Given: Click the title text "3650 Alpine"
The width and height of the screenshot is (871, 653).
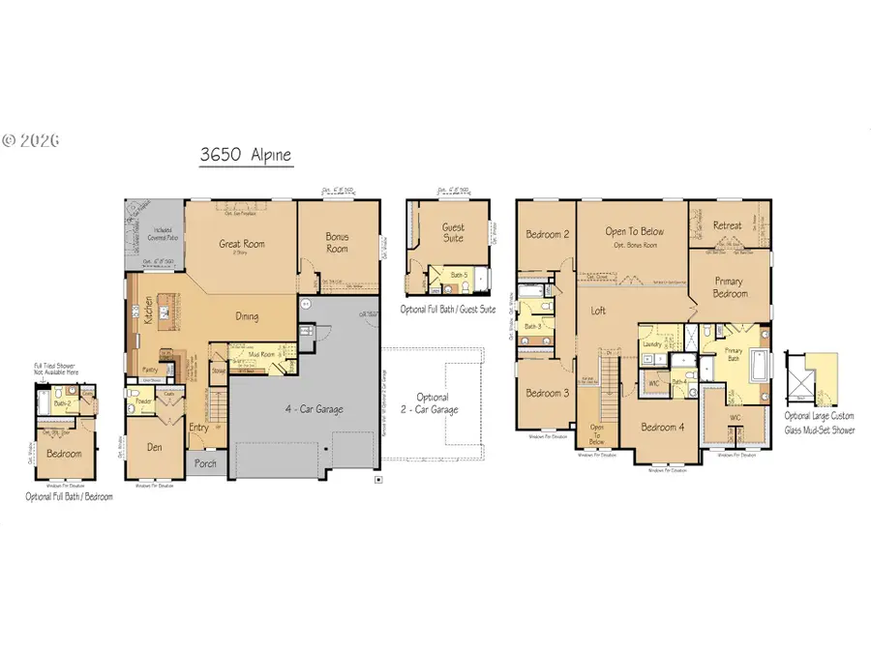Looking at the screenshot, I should click(245, 154).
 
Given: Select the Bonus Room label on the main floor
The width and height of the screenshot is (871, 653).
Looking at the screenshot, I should click(337, 243).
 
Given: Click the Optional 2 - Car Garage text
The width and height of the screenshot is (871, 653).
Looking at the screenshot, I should click(433, 403).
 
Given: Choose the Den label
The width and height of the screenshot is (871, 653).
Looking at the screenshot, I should click(148, 447).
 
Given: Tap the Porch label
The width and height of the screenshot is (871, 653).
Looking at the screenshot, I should click(204, 462).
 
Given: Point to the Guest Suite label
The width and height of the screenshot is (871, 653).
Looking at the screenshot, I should click(453, 232).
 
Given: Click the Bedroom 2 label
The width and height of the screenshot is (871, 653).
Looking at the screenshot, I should click(546, 234).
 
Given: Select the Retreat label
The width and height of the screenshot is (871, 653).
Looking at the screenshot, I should click(727, 225).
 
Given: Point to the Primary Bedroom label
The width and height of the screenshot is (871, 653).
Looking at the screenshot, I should click(730, 287).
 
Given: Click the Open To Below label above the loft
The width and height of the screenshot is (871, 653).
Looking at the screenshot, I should click(634, 231).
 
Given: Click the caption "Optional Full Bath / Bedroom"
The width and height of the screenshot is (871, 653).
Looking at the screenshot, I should click(69, 496).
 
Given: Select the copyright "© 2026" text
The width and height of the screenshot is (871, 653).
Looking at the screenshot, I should click(31, 139).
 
